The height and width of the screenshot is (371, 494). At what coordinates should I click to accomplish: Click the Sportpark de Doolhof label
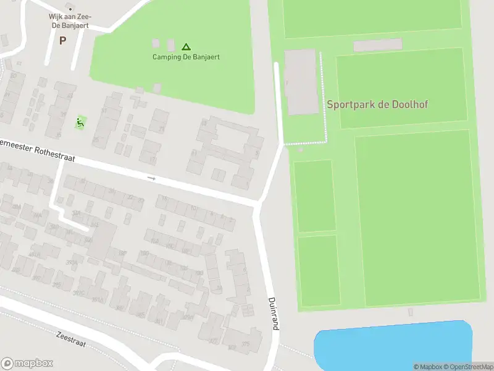coord(377,104)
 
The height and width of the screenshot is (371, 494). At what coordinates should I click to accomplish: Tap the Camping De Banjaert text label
coord(186,57)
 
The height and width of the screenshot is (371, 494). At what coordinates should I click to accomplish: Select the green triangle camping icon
coord(186,46)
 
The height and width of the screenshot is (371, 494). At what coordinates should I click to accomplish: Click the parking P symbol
coord(62,41)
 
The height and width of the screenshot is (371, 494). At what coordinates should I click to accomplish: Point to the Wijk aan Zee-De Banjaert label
coord(69,20)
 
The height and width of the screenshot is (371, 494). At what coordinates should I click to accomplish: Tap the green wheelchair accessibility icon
coord(80,122)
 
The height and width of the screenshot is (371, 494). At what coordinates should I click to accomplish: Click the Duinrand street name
coord(273,313)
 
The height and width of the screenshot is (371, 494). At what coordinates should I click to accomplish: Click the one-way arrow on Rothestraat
coord(152,179)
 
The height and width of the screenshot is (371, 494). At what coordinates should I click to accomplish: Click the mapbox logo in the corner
coord(27,363)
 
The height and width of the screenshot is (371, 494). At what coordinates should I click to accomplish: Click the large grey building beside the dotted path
coord(301,82)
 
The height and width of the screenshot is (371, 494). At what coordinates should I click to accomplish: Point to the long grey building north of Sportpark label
coord(377,45)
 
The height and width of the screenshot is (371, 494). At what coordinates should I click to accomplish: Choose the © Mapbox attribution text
coord(427,367)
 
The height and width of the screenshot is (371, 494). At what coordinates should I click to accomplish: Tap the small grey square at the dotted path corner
coord(301,149)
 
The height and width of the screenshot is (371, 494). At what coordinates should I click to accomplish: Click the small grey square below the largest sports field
coord(411,312)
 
